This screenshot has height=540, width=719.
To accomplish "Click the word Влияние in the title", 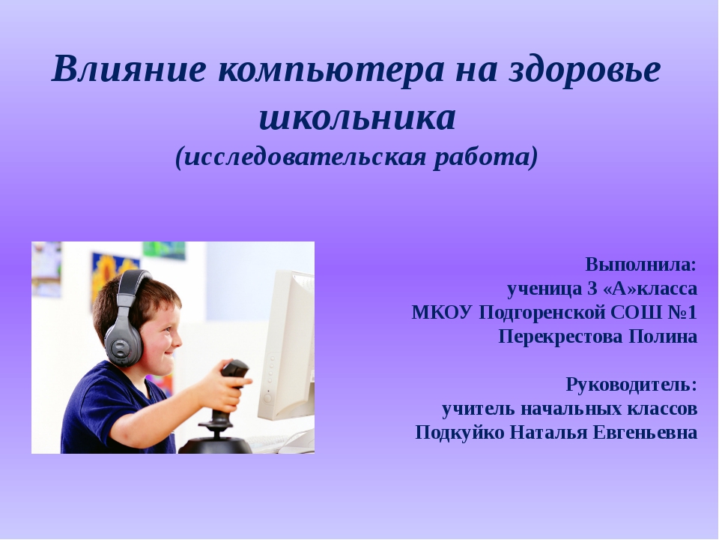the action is click(129, 69).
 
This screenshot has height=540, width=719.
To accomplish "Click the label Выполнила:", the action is click(641, 265).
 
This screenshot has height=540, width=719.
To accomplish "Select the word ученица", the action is click(544, 289).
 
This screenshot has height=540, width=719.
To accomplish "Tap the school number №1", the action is click(682, 313).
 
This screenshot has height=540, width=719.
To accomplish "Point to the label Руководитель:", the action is click(631, 385).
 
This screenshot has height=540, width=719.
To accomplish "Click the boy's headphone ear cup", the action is click(124, 341).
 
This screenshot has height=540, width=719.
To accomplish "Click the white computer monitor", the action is click(286, 345).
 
